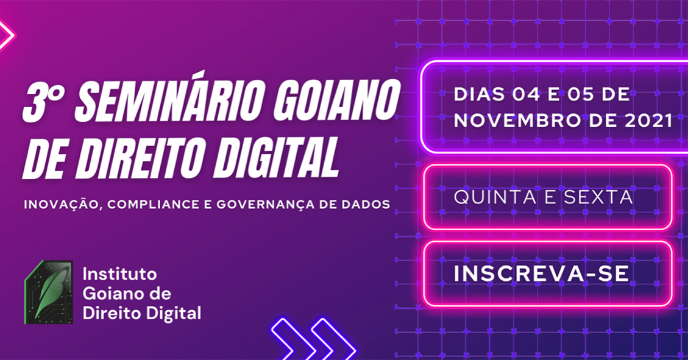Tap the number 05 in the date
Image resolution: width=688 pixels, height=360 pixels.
[584, 94]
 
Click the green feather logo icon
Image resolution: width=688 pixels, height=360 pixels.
[48, 292]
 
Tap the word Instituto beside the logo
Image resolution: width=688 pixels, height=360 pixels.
[119, 274]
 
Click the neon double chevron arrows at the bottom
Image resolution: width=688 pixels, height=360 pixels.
[313, 339]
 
